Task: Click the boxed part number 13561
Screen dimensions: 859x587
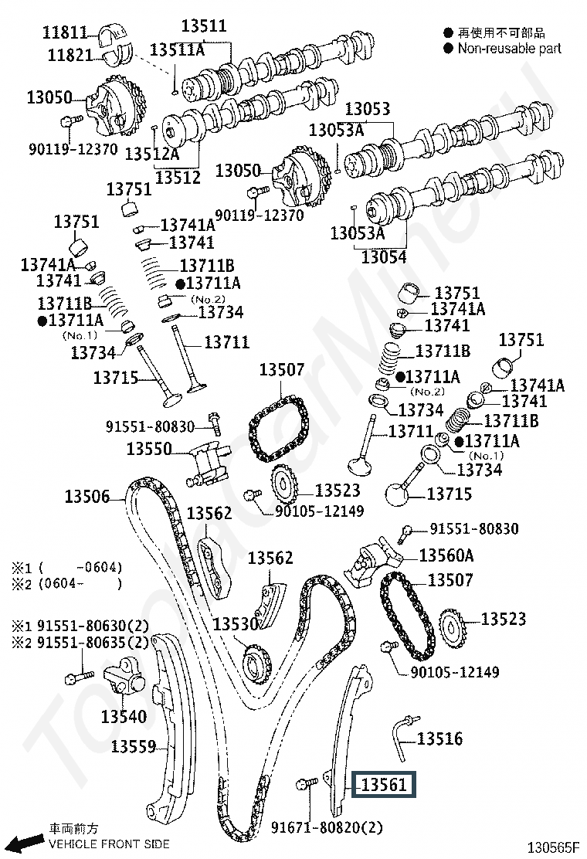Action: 384,785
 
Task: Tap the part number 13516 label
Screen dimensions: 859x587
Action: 439,739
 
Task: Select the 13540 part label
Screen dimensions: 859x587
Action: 124,717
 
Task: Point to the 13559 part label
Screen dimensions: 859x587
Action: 134,746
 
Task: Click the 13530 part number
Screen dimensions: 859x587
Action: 235,624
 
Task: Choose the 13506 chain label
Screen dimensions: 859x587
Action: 87,497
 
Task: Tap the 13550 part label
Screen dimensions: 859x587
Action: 149,448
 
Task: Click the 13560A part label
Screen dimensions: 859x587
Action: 446,555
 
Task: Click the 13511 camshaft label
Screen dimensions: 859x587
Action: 204,26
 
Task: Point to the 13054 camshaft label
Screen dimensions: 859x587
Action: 384,256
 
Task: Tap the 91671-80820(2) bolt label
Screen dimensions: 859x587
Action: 327,827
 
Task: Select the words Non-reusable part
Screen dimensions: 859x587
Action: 510,49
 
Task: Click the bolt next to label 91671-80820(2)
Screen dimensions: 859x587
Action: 305,785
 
